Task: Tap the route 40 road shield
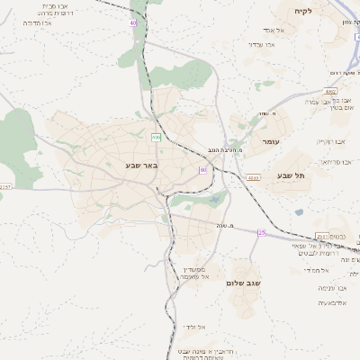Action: (x=133, y=21)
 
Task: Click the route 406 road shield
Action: (x=156, y=137)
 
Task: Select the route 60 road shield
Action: (x=203, y=169)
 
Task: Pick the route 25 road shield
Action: (x=262, y=232)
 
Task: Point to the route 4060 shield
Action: (x=331, y=91)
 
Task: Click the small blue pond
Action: (x=299, y=212)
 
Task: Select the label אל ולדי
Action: (x=194, y=327)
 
